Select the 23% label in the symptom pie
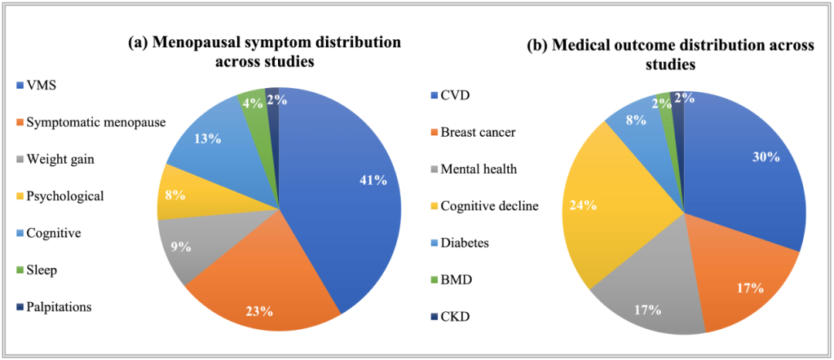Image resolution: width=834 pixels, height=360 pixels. coord(259,311)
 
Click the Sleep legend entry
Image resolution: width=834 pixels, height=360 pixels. coord(42,270)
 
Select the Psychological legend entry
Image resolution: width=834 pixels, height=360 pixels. coord(65,195)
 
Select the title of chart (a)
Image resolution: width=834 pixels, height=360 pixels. coord(265,52)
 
